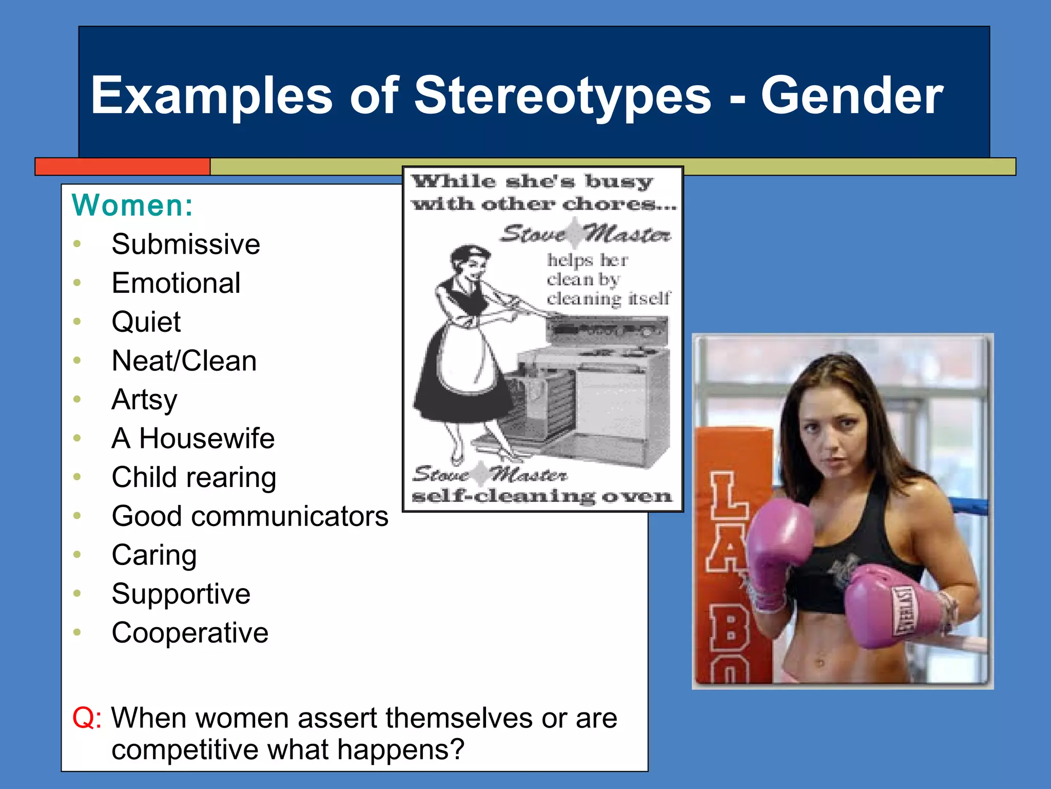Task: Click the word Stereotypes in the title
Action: pos(562,96)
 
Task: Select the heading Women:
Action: pos(132,205)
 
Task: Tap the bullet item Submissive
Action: pos(186,244)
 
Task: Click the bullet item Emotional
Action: pos(176,283)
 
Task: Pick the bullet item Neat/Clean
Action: pos(184,361)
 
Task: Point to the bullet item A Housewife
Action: pos(193,439)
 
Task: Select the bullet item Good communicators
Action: pos(250,516)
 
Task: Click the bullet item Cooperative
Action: pos(190,633)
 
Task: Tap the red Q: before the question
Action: pos(86,718)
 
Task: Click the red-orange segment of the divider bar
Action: pos(123,167)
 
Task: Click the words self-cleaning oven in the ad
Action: pos(541,496)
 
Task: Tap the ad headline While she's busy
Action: pos(532,182)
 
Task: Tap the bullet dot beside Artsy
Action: pos(77,399)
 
